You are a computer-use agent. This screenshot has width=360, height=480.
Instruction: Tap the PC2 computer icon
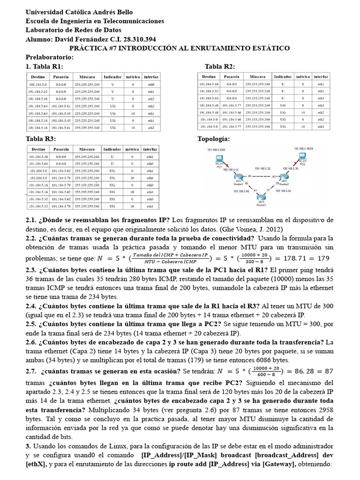click(x=302, y=159)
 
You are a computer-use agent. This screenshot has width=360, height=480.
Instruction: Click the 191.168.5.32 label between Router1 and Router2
click(x=263, y=168)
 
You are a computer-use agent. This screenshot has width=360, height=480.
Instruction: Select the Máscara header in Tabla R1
click(x=87, y=76)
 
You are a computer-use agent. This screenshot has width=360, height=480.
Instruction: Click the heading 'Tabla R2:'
click(x=219, y=67)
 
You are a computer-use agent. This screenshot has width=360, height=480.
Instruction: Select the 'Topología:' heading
click(x=214, y=139)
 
